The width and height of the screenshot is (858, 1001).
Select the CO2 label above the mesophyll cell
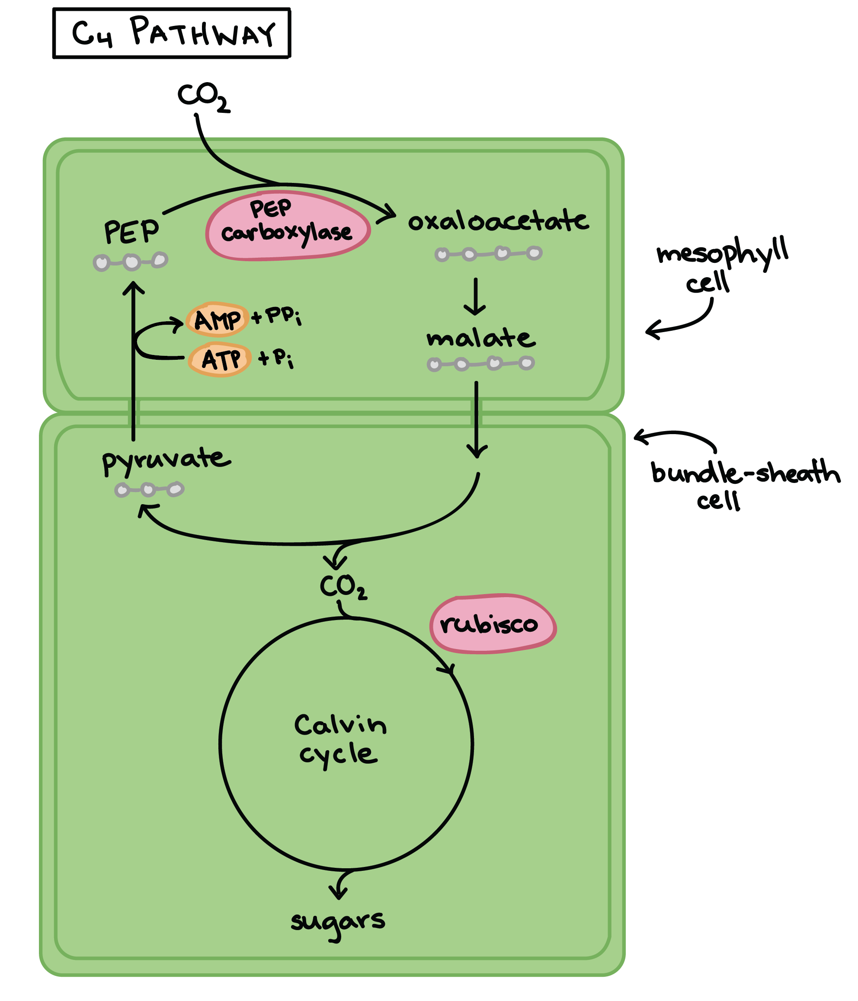pyautogui.click(x=203, y=96)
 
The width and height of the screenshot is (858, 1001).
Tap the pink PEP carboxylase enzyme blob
pyautogui.click(x=288, y=226)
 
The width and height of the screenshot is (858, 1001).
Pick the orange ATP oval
pyautogui.click(x=220, y=359)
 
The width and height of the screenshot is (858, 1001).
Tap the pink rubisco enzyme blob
pyautogui.click(x=492, y=624)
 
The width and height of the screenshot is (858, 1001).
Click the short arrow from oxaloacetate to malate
pyautogui.click(x=475, y=296)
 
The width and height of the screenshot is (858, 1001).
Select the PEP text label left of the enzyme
pyautogui.click(x=131, y=232)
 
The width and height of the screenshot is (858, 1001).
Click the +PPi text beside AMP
pyautogui.click(x=277, y=317)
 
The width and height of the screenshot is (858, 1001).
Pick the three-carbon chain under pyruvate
pyautogui.click(x=149, y=490)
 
